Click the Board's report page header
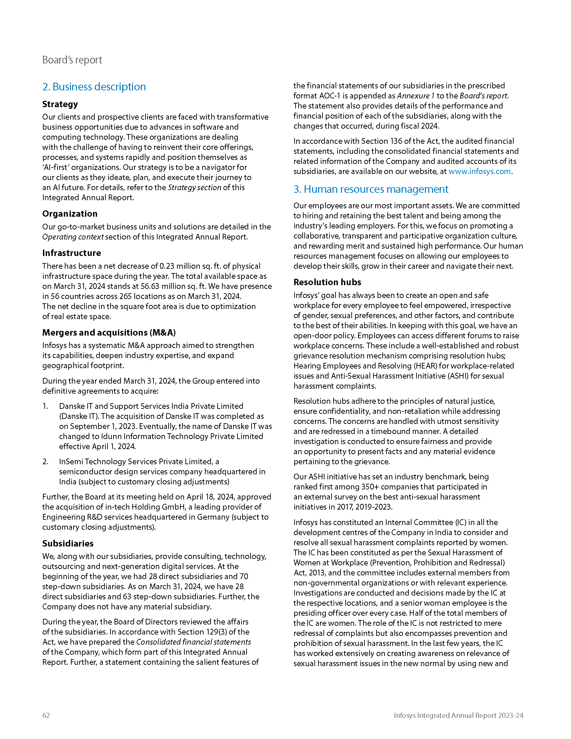[x=72, y=60]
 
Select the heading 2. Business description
[x=94, y=87]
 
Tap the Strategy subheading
[x=60, y=104]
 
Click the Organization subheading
[x=70, y=214]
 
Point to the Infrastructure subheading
[x=71, y=253]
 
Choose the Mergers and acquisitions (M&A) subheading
[x=109, y=333]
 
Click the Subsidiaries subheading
[x=68, y=544]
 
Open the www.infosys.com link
[x=479, y=172]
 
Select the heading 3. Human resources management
[x=371, y=189]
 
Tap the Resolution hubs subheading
[x=327, y=282]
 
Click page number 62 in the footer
[x=46, y=715]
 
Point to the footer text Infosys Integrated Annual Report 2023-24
[x=458, y=715]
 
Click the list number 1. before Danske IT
[x=46, y=406]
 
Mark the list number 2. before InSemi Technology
[x=46, y=462]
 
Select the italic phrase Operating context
[x=73, y=237]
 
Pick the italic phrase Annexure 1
[x=416, y=96]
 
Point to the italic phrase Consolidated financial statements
[x=193, y=642]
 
